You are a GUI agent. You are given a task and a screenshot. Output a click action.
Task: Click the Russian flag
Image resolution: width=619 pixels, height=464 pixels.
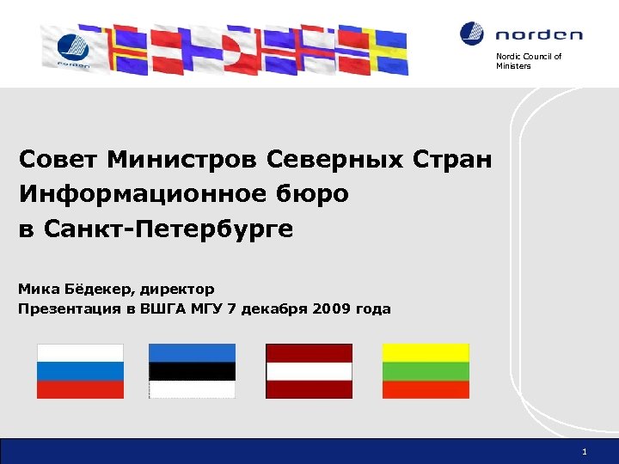click(80, 371)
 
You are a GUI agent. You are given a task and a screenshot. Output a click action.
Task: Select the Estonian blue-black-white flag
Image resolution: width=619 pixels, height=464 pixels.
click(192, 371)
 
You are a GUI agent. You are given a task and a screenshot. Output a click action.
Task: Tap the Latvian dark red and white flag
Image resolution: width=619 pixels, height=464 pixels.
click(309, 371)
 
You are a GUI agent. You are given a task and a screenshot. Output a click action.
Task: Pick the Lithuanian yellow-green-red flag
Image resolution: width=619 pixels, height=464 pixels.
click(426, 371)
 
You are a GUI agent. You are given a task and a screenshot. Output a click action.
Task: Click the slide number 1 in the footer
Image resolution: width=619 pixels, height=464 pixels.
click(584, 451)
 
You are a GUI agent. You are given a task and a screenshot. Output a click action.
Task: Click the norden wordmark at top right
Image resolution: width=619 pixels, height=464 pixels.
click(539, 35)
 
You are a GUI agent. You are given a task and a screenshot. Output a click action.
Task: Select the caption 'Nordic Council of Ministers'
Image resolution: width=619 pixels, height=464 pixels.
click(528, 61)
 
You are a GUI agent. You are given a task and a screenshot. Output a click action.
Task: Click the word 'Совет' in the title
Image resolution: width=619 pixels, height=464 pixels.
click(59, 160)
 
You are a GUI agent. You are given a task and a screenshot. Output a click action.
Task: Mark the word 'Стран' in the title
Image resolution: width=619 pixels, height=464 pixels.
click(455, 160)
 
